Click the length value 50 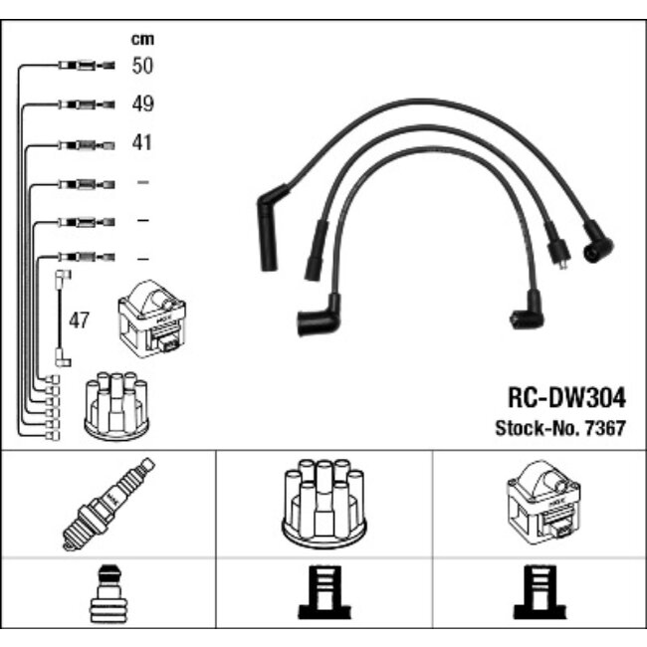[x=143, y=67]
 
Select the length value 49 [x=143, y=105]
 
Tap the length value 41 [x=142, y=143]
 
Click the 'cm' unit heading [x=143, y=40]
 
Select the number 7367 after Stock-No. [x=608, y=429]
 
